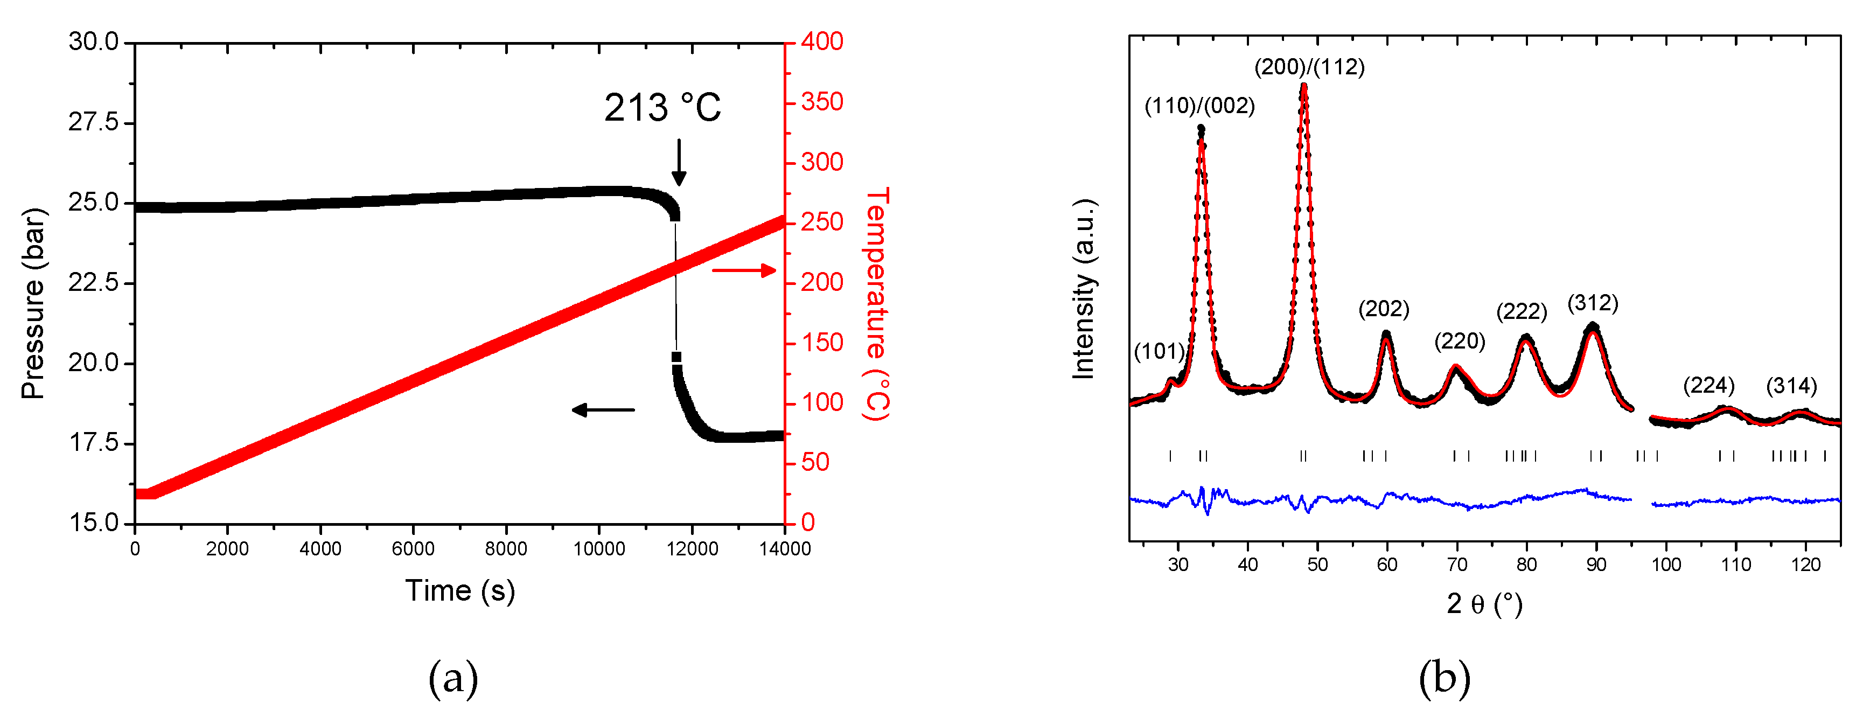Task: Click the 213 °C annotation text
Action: (662, 108)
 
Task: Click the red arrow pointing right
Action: (744, 270)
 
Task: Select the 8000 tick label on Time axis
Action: (506, 549)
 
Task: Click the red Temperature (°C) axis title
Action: (876, 304)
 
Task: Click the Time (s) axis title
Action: (460, 591)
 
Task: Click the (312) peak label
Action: (1593, 303)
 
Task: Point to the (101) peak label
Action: (1159, 352)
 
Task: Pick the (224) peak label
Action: (1708, 386)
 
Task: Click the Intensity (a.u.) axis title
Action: (1083, 289)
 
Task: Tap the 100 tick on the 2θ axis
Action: (1665, 565)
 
